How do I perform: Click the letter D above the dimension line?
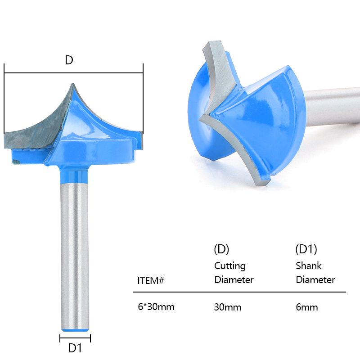[69, 60]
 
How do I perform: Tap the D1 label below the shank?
[75, 348]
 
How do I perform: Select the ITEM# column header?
[151, 280]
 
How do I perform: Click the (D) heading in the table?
[221, 249]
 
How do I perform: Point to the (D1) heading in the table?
[306, 249]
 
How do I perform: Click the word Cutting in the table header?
[230, 266]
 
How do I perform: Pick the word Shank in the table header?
[309, 265]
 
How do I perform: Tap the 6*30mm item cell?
[156, 307]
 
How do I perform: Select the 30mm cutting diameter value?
[228, 307]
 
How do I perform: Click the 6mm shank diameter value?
[307, 307]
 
